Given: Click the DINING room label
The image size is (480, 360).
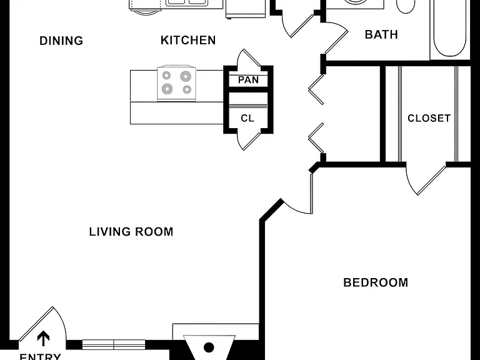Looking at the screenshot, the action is [61, 41].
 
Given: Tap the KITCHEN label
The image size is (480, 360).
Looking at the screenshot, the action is [188, 40].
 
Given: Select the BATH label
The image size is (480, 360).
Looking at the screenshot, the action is [381, 34].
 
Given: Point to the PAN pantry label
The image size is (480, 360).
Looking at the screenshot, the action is [248, 80].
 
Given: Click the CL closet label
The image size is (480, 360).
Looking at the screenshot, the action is [247, 118].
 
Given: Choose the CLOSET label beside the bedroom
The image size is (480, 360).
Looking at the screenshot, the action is [429, 118].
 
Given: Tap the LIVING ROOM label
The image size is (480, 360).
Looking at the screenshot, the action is [131, 231].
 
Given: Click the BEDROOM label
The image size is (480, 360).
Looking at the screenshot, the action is [376, 282].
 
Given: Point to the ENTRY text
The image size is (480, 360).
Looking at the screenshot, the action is [40, 356].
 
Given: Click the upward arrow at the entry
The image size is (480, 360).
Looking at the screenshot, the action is [43, 338].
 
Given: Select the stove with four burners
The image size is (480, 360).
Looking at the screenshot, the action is [176, 82].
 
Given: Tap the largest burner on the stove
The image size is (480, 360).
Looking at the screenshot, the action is [186, 76].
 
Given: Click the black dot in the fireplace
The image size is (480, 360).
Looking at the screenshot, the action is [209, 347].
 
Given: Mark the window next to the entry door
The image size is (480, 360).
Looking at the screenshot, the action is [114, 345].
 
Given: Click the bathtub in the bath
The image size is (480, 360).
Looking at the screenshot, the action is [450, 30].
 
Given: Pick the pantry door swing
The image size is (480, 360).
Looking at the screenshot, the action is [249, 58].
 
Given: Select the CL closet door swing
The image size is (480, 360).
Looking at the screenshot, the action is [249, 141].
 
